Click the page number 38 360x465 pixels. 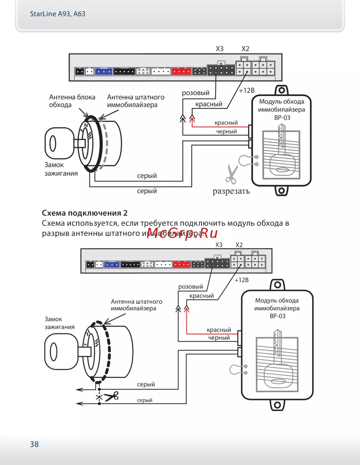(34, 444)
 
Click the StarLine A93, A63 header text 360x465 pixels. (58, 14)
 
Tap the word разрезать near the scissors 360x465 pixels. (231, 191)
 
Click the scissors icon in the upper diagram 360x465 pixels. (231, 174)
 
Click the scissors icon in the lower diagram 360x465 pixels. (111, 396)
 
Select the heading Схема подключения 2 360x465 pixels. (85, 213)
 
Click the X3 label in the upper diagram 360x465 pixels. (220, 49)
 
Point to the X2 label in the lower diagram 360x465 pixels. (239, 245)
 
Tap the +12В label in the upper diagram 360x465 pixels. (247, 90)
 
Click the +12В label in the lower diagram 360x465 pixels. (242, 280)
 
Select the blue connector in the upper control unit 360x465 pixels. (104, 72)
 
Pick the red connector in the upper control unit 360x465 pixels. (181, 71)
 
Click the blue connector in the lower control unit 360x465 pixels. (112, 265)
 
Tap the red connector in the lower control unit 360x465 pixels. (182, 265)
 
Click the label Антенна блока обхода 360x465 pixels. (72, 101)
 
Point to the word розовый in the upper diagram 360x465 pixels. (195, 93)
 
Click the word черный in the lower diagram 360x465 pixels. (219, 338)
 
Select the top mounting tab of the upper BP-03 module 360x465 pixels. (282, 90)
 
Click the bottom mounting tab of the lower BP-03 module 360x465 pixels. (277, 405)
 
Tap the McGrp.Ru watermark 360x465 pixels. (183, 233)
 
